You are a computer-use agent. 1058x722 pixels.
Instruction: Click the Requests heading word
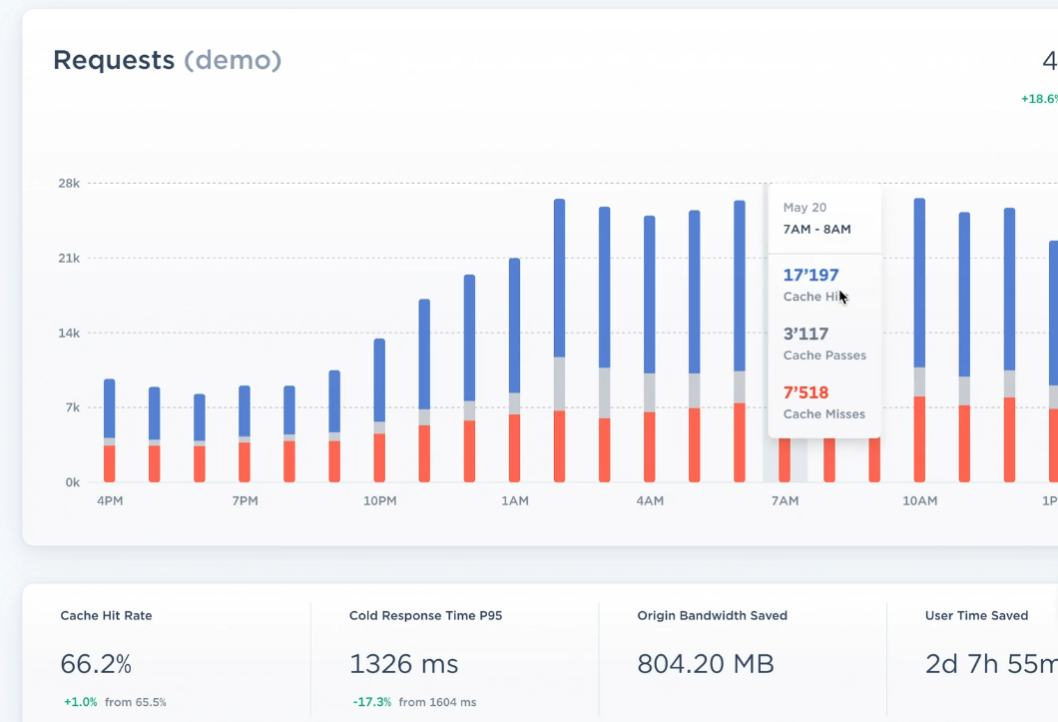(114, 60)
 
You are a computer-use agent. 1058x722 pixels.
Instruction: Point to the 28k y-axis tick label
(68, 184)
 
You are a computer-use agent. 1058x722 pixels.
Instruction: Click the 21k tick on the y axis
(68, 259)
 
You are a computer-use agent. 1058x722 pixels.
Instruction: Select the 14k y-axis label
(68, 334)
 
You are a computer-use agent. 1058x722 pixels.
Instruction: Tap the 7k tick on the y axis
(72, 407)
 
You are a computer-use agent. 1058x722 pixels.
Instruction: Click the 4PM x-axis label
(110, 500)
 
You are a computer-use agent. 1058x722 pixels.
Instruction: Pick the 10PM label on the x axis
(379, 500)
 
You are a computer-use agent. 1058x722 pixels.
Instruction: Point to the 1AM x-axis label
(514, 500)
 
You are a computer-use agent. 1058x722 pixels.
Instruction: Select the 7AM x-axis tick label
(785, 500)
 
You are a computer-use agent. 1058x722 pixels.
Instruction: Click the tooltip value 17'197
(810, 276)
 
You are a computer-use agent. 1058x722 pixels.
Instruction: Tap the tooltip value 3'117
(805, 335)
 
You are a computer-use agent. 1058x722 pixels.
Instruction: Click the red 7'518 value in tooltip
(805, 393)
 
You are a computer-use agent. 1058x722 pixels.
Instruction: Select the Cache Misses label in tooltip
(823, 414)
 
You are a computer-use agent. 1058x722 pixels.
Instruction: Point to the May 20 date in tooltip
(804, 208)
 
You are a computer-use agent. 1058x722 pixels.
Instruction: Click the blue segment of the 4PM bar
(110, 407)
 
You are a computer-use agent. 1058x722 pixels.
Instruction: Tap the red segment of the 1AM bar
(514, 448)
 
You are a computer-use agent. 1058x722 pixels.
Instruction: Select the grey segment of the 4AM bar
(650, 392)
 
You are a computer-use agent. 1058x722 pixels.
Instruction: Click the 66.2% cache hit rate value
(96, 663)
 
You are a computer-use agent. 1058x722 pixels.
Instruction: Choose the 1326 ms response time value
(403, 663)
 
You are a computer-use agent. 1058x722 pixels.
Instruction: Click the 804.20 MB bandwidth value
(705, 663)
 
